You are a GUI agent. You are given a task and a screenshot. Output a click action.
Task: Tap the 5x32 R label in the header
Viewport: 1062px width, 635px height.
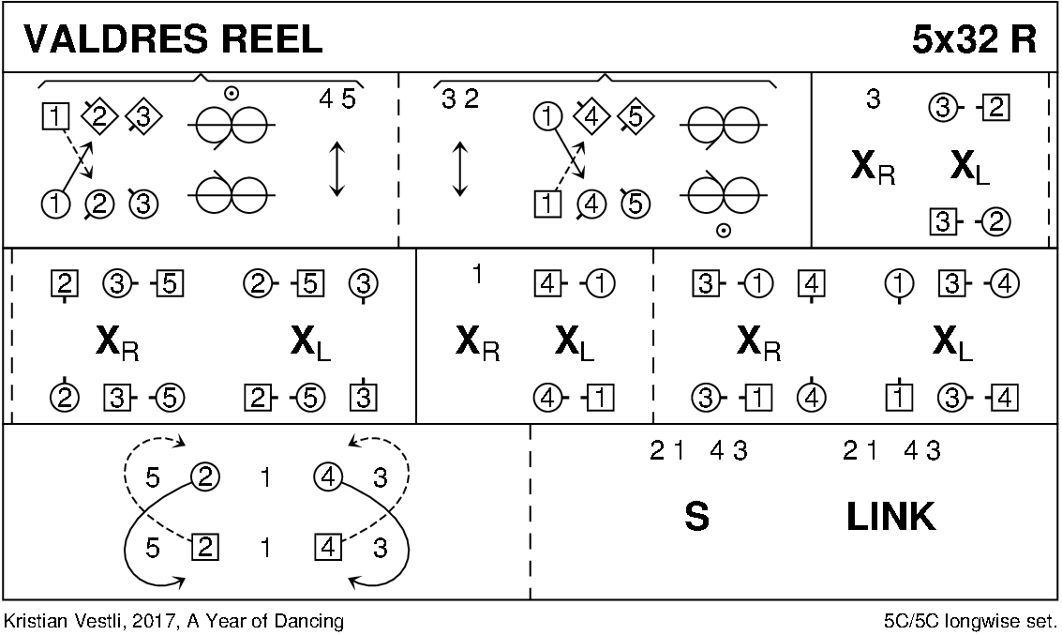974,39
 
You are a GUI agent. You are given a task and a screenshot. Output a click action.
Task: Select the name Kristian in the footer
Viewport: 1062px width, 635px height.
32,621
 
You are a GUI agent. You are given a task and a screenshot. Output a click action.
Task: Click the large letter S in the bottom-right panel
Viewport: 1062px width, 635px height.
696,517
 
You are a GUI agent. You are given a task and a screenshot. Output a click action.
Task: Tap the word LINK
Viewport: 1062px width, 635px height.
890,517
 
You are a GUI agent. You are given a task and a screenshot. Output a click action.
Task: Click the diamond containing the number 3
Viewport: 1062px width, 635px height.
142,116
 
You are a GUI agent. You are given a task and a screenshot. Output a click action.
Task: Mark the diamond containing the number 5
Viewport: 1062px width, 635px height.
636,116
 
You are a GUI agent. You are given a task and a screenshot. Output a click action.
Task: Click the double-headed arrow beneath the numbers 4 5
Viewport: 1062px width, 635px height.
337,169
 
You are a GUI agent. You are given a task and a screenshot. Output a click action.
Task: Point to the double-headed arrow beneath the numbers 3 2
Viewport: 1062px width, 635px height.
459,169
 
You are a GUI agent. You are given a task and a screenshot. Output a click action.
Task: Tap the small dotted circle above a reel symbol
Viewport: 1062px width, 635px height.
231,92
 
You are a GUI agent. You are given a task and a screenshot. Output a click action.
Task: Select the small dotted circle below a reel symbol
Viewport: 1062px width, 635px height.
724,229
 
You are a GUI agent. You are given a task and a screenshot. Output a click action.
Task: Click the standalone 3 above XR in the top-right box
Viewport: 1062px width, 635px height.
873,99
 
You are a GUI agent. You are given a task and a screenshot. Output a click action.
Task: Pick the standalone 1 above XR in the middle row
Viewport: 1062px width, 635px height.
477,275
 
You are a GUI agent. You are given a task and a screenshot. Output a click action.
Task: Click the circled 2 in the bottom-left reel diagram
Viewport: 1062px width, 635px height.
204,478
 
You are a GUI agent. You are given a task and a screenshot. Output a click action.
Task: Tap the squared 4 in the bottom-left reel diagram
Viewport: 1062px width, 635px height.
328,546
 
